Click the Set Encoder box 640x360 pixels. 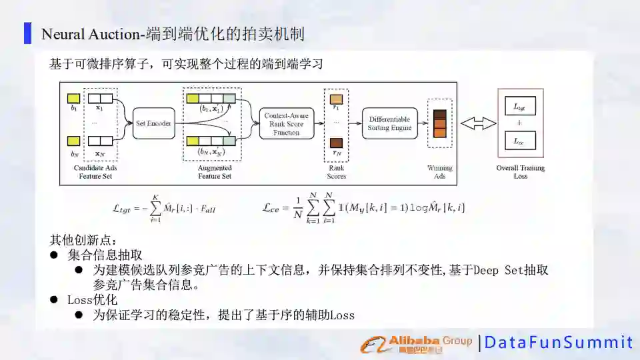154,123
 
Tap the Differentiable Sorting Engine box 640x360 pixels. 389,123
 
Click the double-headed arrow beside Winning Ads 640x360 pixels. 479,123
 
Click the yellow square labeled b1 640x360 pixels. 74,98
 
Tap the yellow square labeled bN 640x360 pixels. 74,141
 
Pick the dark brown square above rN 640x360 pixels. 336,142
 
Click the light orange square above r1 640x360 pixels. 336,99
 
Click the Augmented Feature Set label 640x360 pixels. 215,172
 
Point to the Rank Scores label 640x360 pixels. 336,172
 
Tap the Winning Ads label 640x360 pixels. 439,172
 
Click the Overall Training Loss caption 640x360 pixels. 521,172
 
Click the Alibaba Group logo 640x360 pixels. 417,343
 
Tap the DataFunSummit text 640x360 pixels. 557,343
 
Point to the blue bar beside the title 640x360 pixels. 27,33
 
